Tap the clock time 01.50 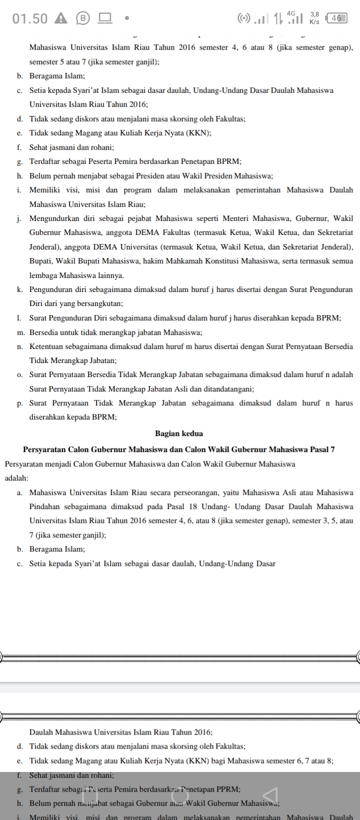[x=30, y=18]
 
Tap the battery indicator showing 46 [x=336, y=18]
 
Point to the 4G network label [x=291, y=13]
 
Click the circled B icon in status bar [x=82, y=18]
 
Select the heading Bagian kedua [x=179, y=433]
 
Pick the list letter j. [x=18, y=218]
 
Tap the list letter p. [x=19, y=403]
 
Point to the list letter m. [x=20, y=332]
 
